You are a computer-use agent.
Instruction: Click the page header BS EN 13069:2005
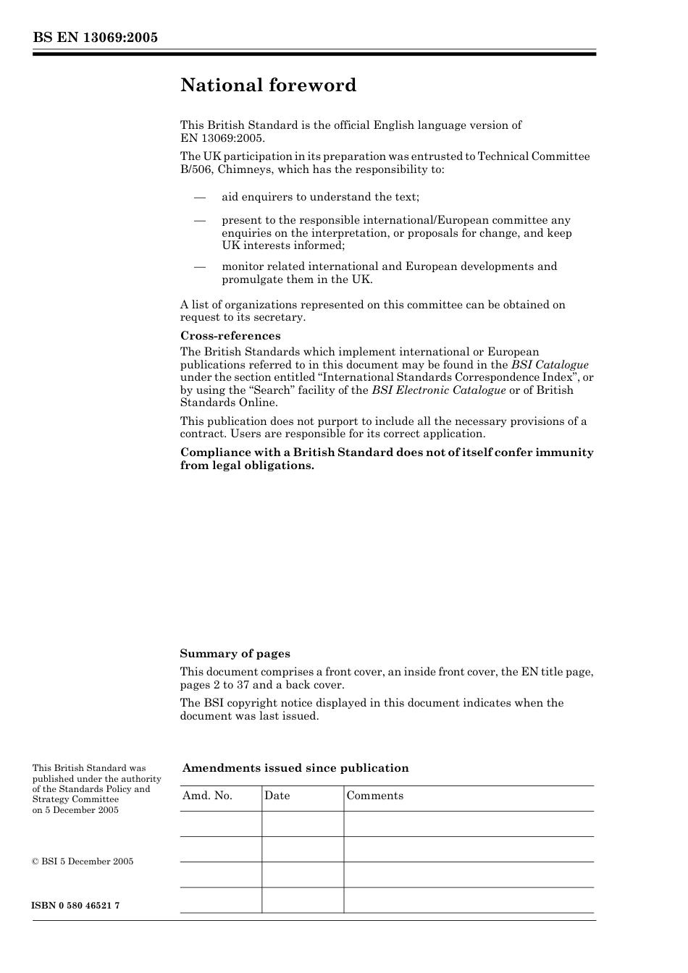[x=95, y=38]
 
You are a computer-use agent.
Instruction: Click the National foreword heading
[x=268, y=85]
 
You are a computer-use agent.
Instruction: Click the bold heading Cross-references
[x=230, y=336]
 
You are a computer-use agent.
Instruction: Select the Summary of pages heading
[x=235, y=654]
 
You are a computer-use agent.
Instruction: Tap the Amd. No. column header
[x=207, y=796]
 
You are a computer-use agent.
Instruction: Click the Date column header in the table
[x=277, y=796]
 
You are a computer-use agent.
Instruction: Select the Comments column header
[x=374, y=796]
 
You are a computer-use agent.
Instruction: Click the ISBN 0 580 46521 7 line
[x=76, y=906]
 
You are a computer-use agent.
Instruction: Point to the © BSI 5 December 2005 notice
[x=83, y=862]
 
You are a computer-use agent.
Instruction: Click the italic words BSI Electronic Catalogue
[x=438, y=390]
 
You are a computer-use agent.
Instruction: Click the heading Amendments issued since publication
[x=295, y=768]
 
